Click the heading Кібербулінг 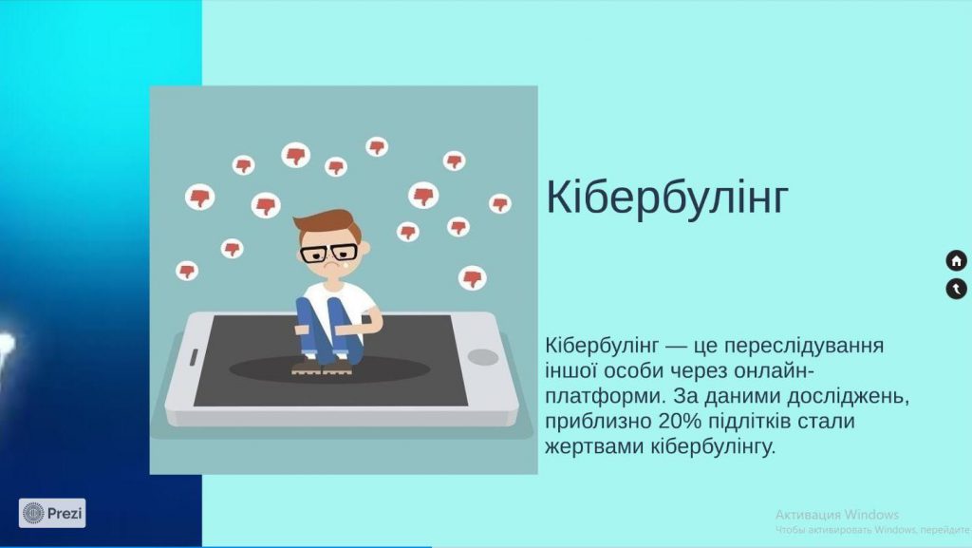click(667, 198)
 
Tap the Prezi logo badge click(52, 513)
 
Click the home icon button click(957, 261)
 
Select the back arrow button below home click(957, 289)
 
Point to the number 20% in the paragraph click(680, 422)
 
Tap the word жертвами click(594, 447)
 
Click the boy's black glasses click(328, 253)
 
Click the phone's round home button click(483, 357)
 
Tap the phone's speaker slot click(193, 357)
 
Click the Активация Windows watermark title click(837, 515)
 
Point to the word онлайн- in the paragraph click(774, 370)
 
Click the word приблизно click(598, 422)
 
